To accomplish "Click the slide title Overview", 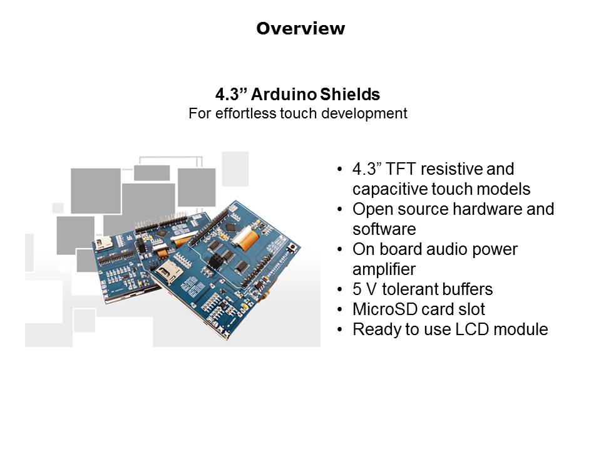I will coord(300,29).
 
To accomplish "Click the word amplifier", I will coord(383,269).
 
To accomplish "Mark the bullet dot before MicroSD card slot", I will coord(339,309).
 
